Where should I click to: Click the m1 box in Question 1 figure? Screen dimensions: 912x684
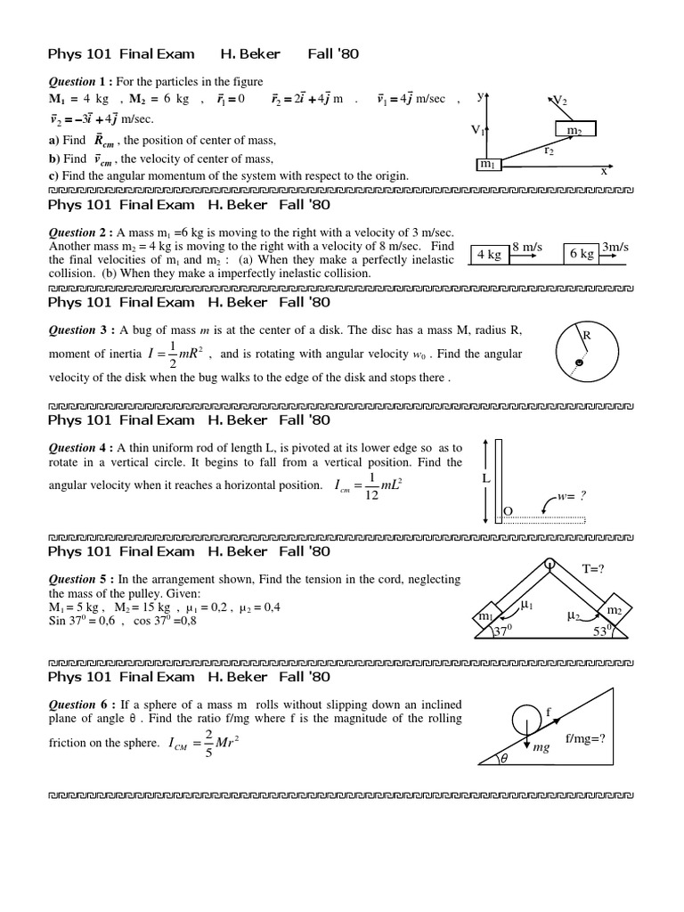point(489,164)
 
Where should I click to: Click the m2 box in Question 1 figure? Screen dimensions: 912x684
point(574,130)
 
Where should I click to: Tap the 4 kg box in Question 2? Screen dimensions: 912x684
point(489,254)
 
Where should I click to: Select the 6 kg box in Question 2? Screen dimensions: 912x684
point(581,254)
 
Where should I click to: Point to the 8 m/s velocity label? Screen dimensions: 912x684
point(527,246)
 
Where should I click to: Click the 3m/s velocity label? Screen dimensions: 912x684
point(615,246)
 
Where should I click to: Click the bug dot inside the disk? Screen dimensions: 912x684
point(579,363)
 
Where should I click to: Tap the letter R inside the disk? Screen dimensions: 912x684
point(588,336)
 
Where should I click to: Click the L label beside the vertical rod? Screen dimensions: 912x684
point(486,478)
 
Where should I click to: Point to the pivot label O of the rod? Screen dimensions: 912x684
point(509,510)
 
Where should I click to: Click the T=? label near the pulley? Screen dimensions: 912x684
point(593,568)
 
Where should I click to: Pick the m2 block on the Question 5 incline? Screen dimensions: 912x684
point(614,610)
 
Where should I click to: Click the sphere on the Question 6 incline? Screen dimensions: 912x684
point(527,719)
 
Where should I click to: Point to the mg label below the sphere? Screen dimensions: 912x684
point(541,748)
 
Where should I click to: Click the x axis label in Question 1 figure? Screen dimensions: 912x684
point(603,171)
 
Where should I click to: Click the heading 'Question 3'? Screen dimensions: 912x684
point(77,330)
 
